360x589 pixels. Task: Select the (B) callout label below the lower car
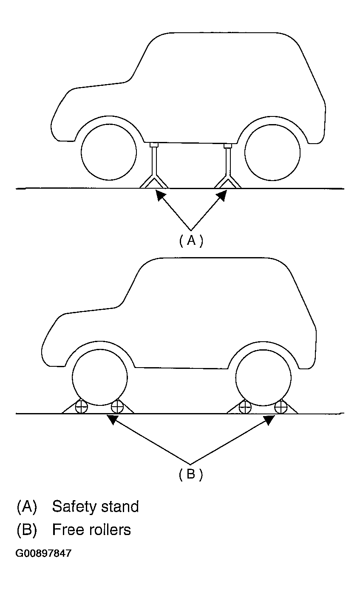(191, 474)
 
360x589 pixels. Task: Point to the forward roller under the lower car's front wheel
(81, 407)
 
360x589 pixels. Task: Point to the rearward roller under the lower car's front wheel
(117, 407)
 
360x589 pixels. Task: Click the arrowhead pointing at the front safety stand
(161, 195)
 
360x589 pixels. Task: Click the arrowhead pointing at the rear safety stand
(221, 196)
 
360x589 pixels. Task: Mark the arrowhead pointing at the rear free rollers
(269, 420)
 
